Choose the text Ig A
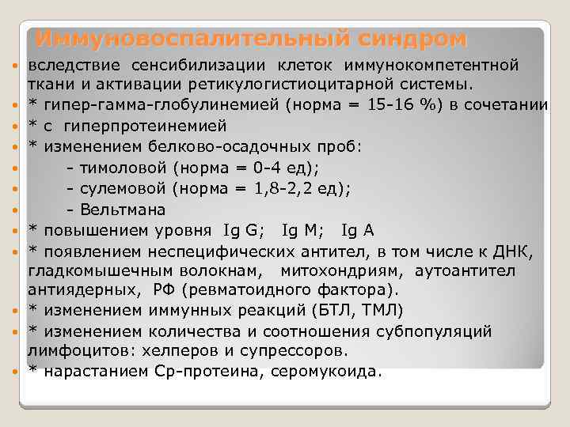[357, 230]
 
